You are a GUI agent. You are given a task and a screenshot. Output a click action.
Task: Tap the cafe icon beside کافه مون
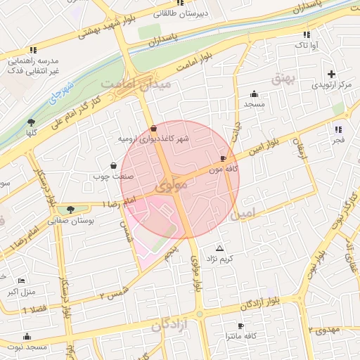(x=224, y=159)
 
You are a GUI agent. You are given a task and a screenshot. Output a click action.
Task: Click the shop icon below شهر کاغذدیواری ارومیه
(x=153, y=128)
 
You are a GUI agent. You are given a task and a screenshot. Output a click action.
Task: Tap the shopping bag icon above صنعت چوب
(x=113, y=166)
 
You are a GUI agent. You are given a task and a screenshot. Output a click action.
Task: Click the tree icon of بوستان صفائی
(x=70, y=209)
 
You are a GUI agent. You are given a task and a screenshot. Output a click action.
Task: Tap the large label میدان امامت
(x=136, y=84)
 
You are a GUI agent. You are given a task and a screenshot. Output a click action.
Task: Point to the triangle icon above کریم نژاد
(x=220, y=249)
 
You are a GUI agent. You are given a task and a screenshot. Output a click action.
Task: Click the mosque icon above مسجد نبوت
(x=27, y=337)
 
